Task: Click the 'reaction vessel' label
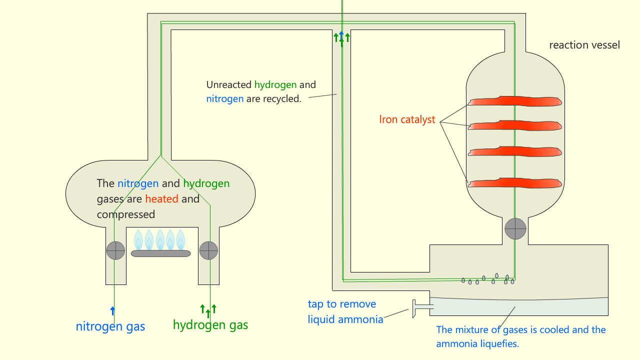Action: tap(584, 45)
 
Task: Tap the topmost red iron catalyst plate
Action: tap(515, 101)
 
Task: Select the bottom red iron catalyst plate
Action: tap(515, 183)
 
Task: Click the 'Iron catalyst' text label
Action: tap(407, 120)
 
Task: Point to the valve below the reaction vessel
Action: tap(515, 229)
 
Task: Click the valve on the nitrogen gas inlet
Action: tap(115, 250)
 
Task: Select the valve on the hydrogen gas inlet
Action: tap(208, 250)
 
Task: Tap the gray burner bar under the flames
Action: tap(160, 253)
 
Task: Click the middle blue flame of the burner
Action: tap(160, 239)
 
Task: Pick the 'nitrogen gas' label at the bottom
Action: tap(110, 327)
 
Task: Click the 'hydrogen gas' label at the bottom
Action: tap(210, 325)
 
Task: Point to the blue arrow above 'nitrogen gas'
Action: tap(112, 310)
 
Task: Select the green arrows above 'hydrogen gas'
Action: tap(208, 310)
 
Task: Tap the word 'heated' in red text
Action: tap(161, 199)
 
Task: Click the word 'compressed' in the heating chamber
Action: tap(125, 214)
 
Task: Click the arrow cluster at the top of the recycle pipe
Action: tap(341, 38)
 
